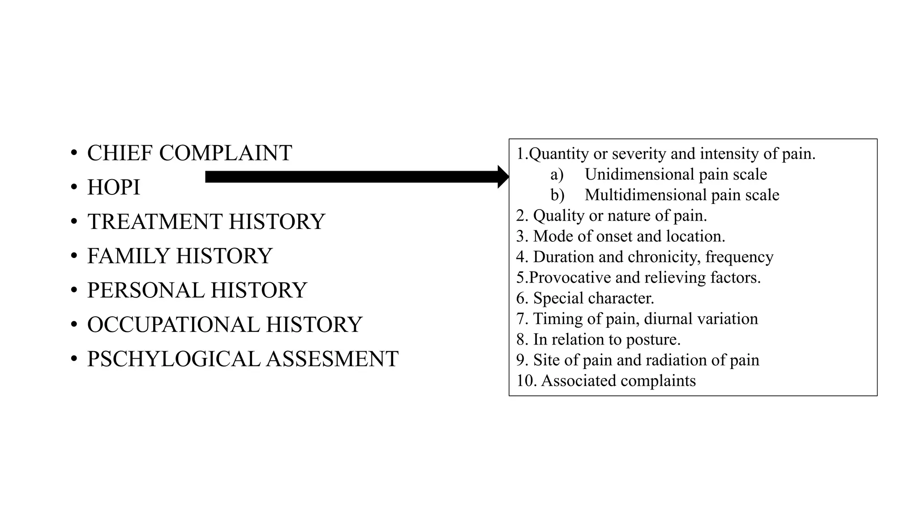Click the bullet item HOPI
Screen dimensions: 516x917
click(114, 187)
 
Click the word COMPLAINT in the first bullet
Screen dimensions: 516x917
click(225, 153)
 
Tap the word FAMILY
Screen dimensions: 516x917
click(128, 256)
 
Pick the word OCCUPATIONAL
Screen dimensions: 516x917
click(173, 325)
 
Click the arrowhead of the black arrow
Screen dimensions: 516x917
click(503, 177)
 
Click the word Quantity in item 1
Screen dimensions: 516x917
click(558, 154)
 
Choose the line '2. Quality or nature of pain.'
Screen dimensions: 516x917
click(611, 215)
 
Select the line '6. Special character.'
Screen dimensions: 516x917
click(585, 298)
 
